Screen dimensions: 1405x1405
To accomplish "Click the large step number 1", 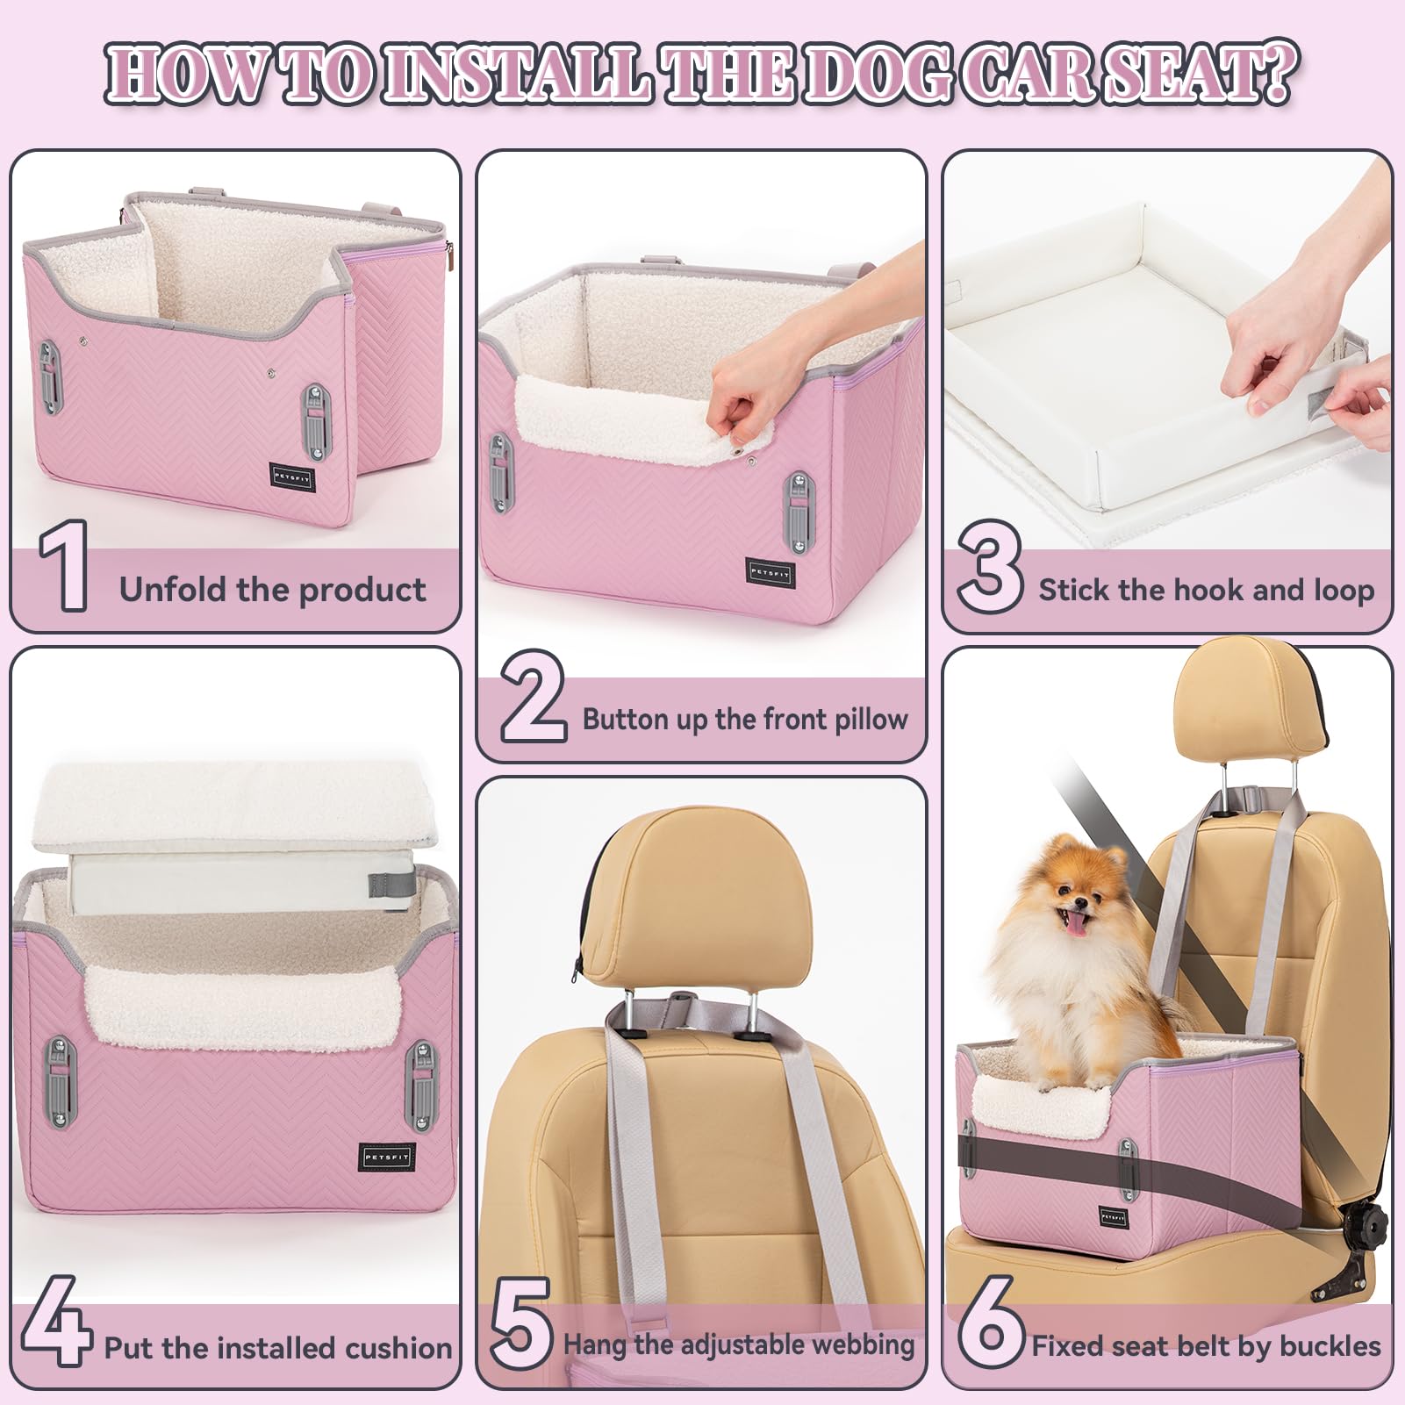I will (x=64, y=565).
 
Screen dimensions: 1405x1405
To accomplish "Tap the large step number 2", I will (x=533, y=698).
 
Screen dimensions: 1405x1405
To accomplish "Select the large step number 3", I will (x=989, y=567).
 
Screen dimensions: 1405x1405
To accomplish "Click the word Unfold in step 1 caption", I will (x=174, y=589).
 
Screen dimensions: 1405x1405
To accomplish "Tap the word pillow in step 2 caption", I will (x=870, y=720).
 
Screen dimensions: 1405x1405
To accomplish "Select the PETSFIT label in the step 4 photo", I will (x=386, y=1158).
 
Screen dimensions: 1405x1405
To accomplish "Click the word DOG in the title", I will (x=878, y=75).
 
